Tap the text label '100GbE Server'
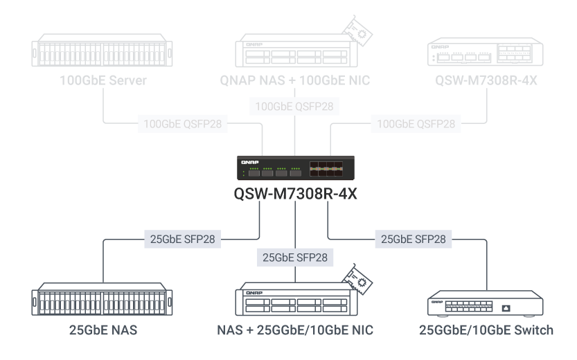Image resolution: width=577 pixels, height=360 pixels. (103, 82)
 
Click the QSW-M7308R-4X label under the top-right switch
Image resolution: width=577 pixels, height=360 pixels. (486, 82)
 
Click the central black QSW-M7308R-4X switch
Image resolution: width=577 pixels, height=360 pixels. (295, 168)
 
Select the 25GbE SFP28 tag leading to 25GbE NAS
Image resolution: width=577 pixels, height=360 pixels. (183, 240)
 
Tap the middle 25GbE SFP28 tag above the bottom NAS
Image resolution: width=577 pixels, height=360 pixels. (294, 258)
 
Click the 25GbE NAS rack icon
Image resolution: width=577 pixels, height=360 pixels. (103, 301)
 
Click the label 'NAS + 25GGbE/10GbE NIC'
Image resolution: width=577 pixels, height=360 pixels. (294, 330)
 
